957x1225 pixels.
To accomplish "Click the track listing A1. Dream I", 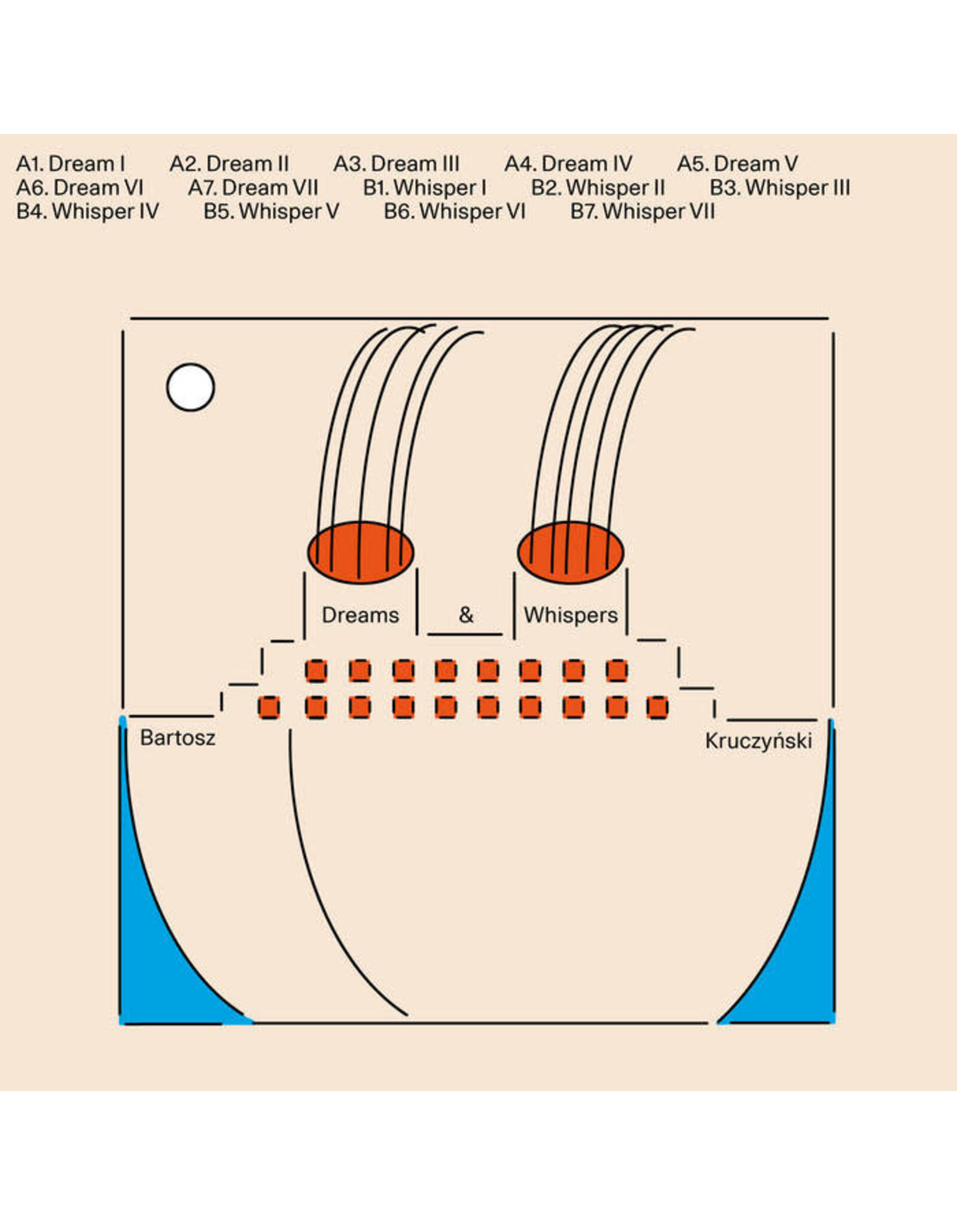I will [x=71, y=164].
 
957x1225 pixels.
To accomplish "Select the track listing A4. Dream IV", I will [x=568, y=164].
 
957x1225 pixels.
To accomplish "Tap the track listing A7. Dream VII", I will [x=253, y=188].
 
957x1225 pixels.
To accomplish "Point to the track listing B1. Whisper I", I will [x=424, y=188].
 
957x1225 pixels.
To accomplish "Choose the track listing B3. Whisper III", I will [x=779, y=188].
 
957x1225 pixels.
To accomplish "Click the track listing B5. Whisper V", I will [x=271, y=212].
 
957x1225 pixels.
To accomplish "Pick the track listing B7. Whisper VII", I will [x=642, y=212].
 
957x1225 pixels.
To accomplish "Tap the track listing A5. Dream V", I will [x=737, y=164].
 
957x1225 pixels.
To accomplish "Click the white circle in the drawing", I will [x=190, y=388].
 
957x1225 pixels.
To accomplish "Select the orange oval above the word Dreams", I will [x=361, y=552].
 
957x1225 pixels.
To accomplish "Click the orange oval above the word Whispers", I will [x=571, y=552].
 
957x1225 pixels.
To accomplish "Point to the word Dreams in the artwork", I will [x=360, y=615].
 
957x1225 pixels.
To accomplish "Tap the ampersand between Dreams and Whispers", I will [x=466, y=614].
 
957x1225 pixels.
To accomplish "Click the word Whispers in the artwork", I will [x=571, y=615].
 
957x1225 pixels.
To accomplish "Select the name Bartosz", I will [x=178, y=738].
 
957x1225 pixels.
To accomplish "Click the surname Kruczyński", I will [x=758, y=741].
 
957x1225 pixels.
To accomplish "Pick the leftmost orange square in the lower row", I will [x=269, y=707].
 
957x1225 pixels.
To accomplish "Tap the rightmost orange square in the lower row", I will [x=657, y=707].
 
